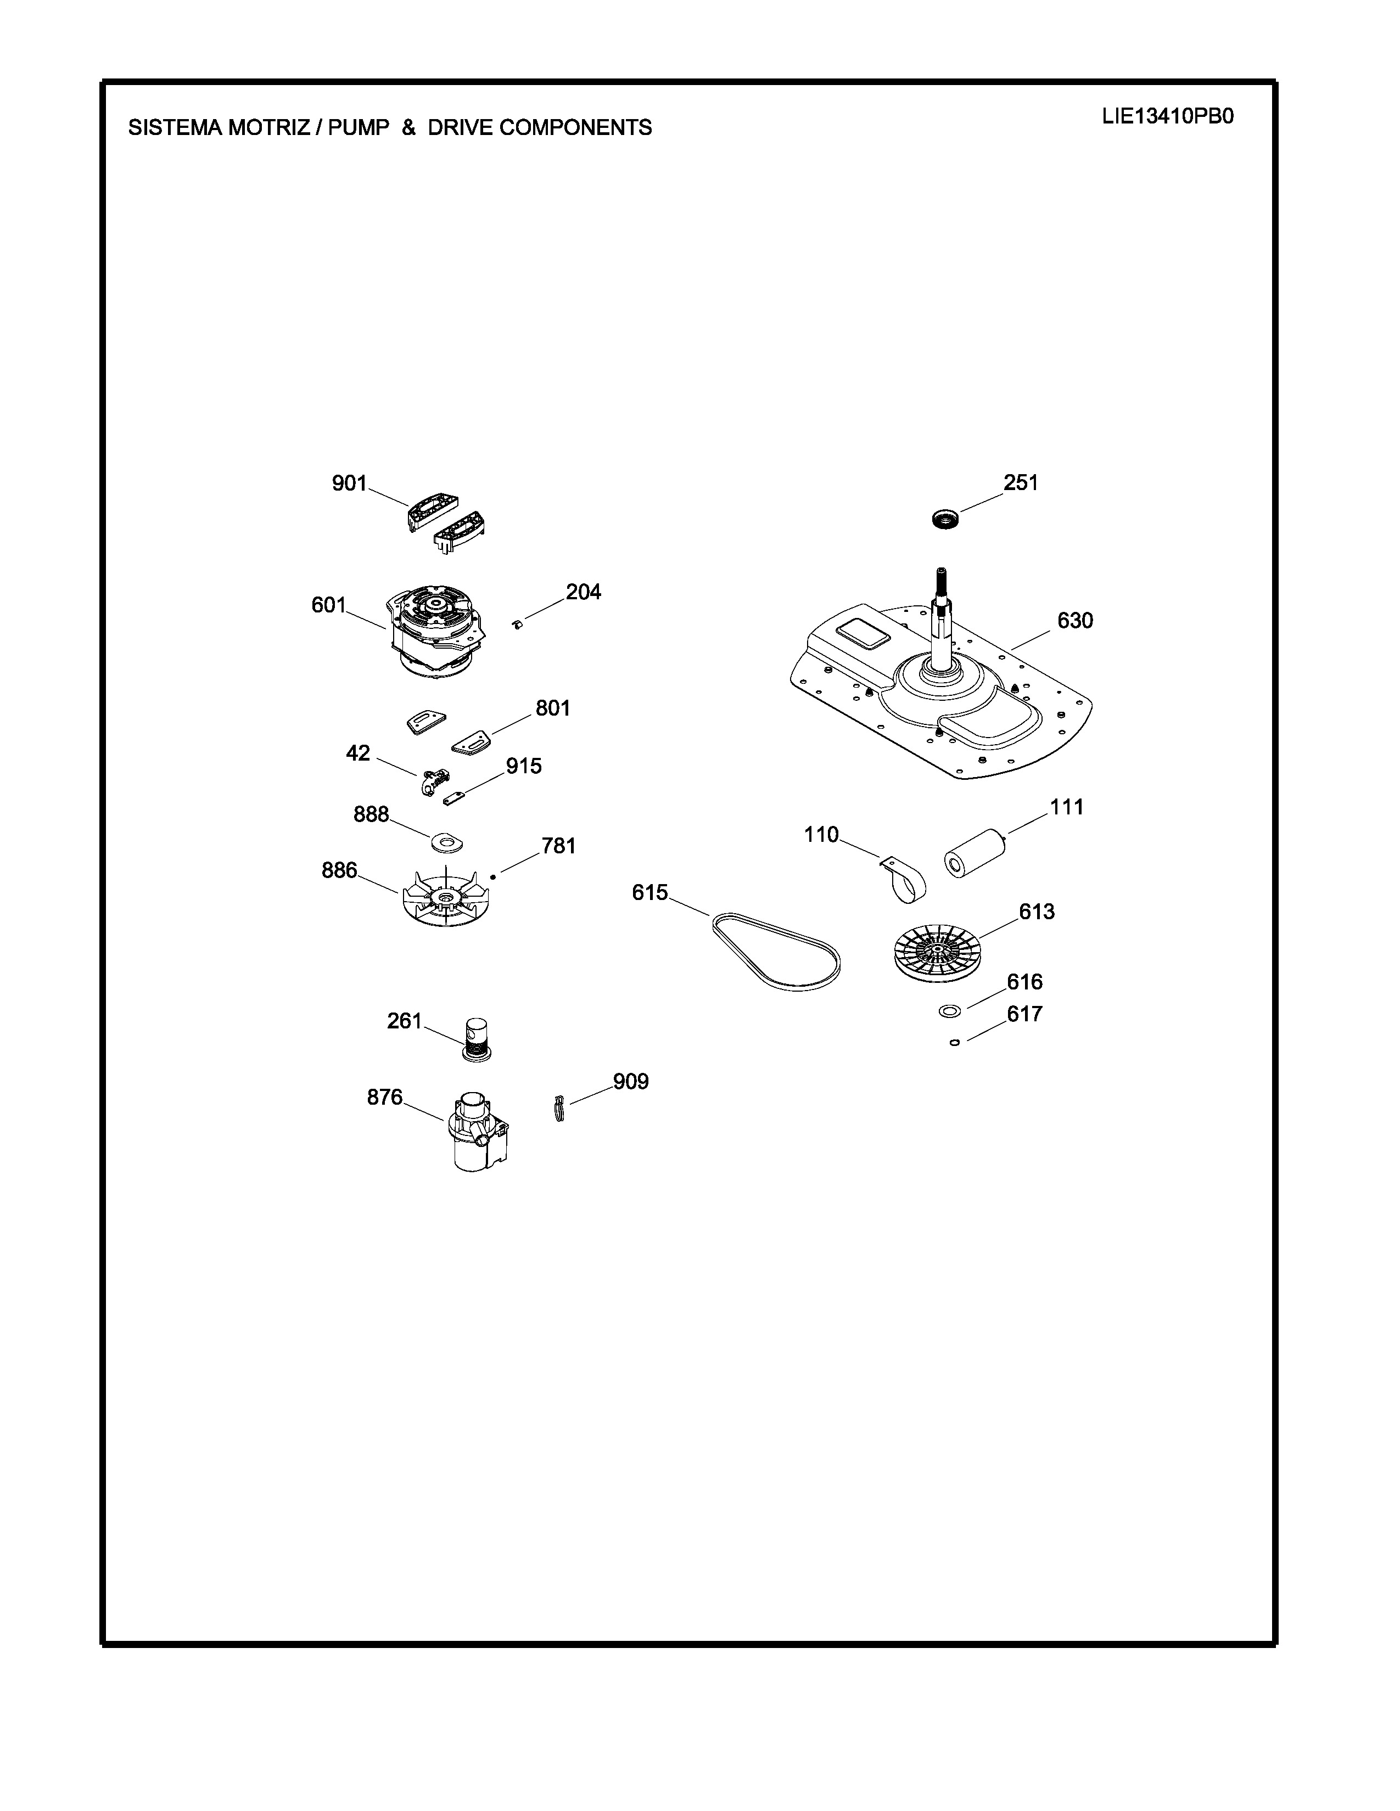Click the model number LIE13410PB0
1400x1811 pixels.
[1168, 116]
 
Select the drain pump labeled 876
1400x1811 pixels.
[477, 1129]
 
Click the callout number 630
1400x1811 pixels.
[1075, 620]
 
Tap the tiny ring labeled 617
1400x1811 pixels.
[955, 1043]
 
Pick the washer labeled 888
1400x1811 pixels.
[446, 842]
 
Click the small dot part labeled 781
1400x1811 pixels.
[492, 876]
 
